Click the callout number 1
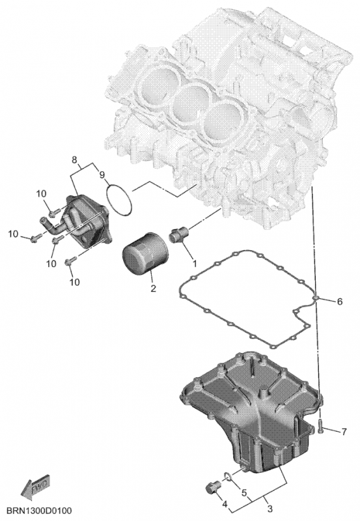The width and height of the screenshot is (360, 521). (195, 264)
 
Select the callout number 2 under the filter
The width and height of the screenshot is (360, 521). (153, 288)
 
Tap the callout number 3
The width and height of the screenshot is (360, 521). (270, 509)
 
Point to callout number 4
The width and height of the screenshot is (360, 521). (225, 505)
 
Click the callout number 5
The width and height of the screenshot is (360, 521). (244, 493)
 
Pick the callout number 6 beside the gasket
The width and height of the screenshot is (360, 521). (339, 302)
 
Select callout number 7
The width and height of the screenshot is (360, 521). (344, 432)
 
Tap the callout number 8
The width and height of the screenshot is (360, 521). (75, 159)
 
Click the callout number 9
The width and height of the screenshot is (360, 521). (102, 175)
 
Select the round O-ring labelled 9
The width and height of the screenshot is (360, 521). (119, 200)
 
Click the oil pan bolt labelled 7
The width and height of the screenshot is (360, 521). (320, 426)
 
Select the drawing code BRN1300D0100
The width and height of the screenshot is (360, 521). (39, 511)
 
